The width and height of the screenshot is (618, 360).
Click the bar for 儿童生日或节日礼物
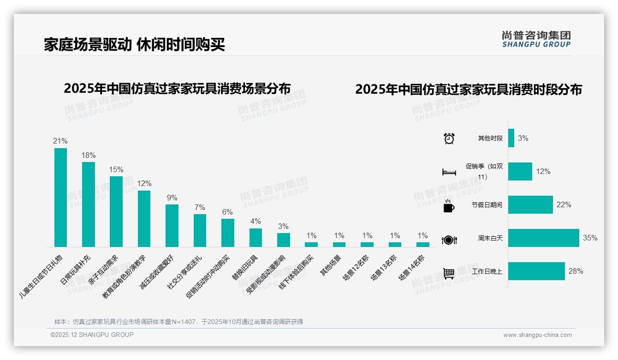click(60, 198)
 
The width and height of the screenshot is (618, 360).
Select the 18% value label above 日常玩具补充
click(89, 155)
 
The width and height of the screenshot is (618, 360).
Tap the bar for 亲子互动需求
click(116, 211)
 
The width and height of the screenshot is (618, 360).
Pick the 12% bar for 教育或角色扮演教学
click(144, 219)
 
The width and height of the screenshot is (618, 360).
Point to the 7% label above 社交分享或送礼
click(200, 208)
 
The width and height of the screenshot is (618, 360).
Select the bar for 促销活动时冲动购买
click(228, 233)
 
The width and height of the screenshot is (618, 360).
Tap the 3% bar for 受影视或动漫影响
click(283, 240)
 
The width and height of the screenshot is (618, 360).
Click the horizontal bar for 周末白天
click(543, 238)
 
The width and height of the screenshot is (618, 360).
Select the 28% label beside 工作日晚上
click(576, 271)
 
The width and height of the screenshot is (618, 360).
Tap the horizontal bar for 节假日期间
click(530, 205)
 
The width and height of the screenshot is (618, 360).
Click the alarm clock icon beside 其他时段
click(449, 138)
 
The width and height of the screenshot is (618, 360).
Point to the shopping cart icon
click(449, 273)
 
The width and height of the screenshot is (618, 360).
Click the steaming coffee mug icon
click(449, 206)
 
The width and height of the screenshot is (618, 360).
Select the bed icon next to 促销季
click(449, 172)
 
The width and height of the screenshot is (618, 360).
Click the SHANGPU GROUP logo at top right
click(536, 39)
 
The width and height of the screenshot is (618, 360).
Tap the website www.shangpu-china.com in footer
click(537, 335)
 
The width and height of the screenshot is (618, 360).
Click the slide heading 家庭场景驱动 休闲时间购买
click(134, 45)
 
